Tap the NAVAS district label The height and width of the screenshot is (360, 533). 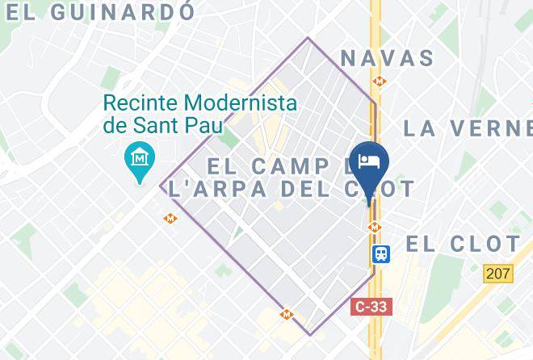[x=388, y=58]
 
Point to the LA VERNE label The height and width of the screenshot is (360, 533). [x=467, y=128]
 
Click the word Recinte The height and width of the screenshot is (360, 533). [x=142, y=103]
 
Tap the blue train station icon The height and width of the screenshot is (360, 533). [x=380, y=253]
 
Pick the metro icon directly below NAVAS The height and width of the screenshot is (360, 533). [x=378, y=81]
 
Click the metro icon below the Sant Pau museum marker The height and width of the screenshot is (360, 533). [x=170, y=218]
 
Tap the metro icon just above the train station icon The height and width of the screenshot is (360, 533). [x=374, y=228]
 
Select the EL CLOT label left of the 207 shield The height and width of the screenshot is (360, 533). [x=463, y=244]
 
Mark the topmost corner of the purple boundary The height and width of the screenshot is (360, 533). [x=308, y=37]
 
